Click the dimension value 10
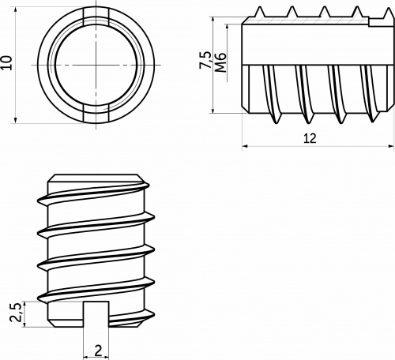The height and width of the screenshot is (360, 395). pos(6,62)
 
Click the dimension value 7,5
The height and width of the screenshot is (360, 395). pos(205,60)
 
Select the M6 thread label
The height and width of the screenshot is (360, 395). pos(220,62)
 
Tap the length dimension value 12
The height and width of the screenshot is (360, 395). pos(310,138)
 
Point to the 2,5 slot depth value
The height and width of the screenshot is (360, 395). pos(15,313)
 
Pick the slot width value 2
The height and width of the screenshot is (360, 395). pos(98,351)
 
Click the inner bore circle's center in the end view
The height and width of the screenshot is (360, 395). pos(96,65)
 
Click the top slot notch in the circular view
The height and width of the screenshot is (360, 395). pos(96,16)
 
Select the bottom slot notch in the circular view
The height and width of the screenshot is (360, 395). pos(96,114)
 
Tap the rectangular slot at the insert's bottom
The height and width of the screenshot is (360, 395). pos(96,315)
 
